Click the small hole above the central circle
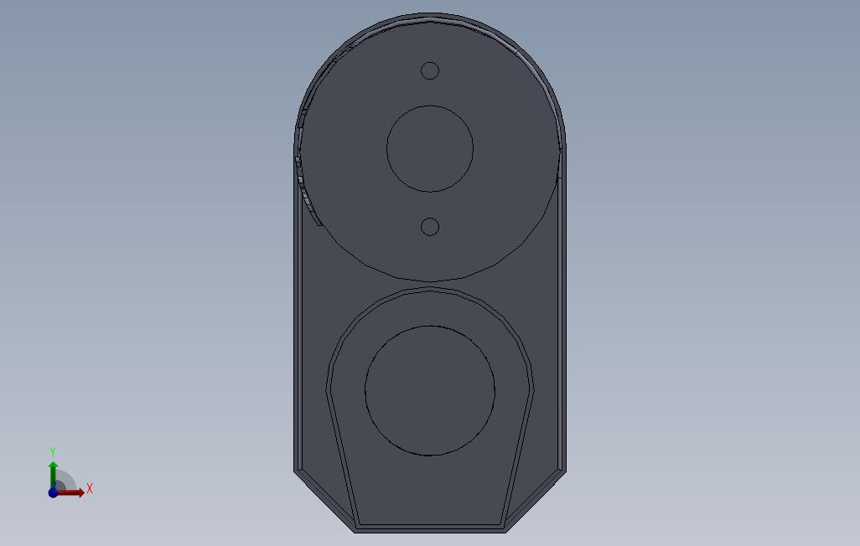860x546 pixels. [x=429, y=70]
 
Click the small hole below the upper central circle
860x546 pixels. [x=429, y=227]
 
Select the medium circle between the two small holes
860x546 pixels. [x=430, y=148]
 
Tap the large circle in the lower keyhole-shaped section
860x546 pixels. [x=430, y=391]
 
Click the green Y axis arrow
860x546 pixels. [x=53, y=475]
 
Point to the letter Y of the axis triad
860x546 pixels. [x=53, y=451]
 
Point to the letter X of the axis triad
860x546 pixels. [x=90, y=488]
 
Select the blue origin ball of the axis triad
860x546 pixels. [x=53, y=492]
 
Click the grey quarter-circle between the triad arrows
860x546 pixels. [x=64, y=482]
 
